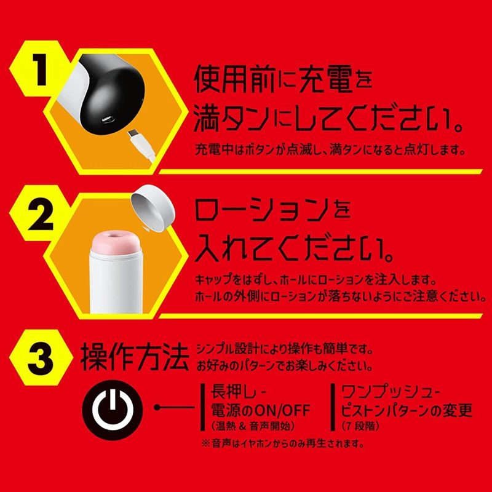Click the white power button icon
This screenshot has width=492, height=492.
click(111, 407)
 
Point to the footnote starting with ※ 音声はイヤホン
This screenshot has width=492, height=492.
click(282, 442)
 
